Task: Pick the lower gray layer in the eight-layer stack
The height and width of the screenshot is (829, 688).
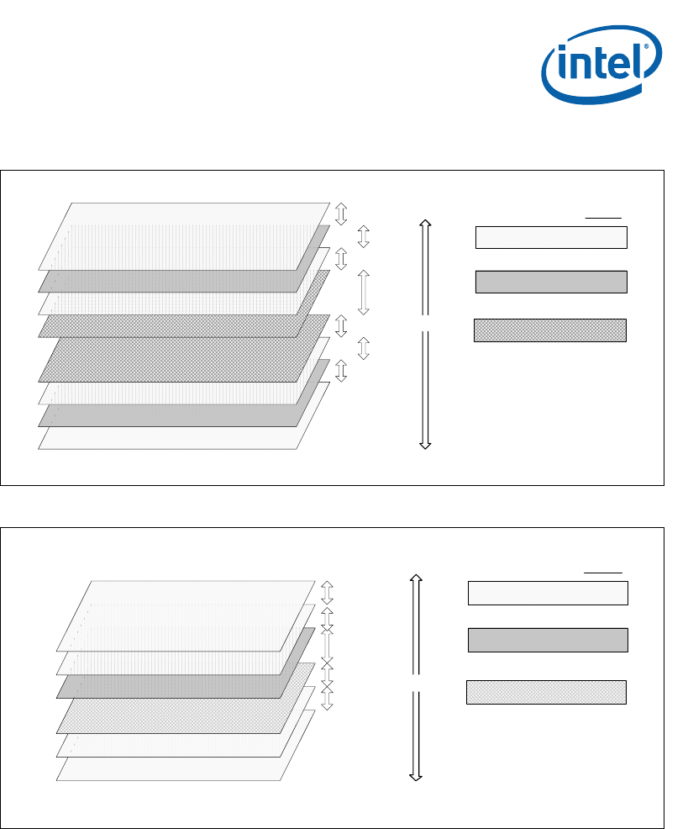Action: pyautogui.click(x=168, y=414)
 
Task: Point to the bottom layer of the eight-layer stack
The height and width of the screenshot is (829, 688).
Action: pyautogui.click(x=168, y=438)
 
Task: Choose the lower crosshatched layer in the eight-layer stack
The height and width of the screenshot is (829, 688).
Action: pyautogui.click(x=168, y=362)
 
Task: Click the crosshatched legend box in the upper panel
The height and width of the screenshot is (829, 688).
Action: pyautogui.click(x=550, y=330)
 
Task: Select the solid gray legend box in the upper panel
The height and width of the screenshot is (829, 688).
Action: pyautogui.click(x=551, y=282)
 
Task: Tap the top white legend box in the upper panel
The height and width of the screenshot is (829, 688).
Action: pyautogui.click(x=551, y=237)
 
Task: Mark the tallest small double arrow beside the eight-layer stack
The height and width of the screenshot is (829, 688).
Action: pyautogui.click(x=364, y=292)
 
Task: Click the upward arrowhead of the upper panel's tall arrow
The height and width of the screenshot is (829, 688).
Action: pyautogui.click(x=425, y=224)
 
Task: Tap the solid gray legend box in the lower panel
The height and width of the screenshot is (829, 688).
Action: pyautogui.click(x=548, y=640)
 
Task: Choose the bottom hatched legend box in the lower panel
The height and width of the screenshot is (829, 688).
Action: pyautogui.click(x=546, y=692)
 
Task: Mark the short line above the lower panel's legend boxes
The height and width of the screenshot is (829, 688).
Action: pyautogui.click(x=603, y=572)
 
